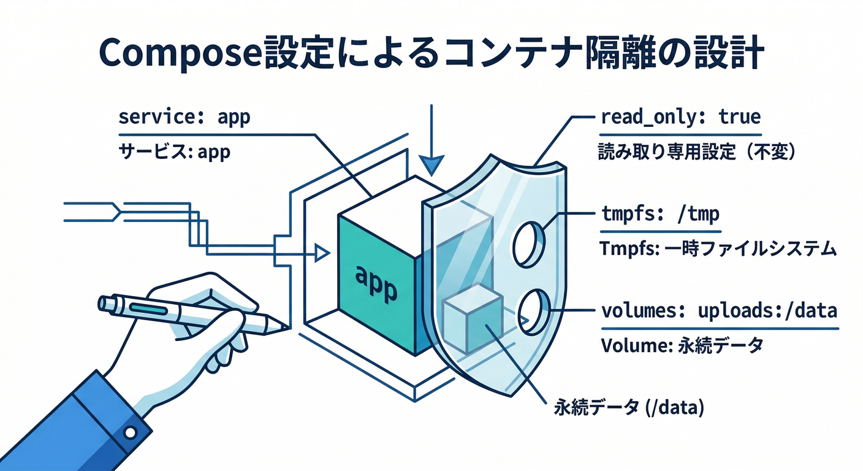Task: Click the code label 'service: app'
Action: click(x=184, y=117)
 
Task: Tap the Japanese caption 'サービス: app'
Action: click(x=174, y=151)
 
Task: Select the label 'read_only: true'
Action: click(x=680, y=117)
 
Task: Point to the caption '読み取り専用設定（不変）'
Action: click(x=696, y=152)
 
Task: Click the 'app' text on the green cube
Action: click(x=376, y=283)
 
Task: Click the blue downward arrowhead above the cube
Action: click(x=432, y=164)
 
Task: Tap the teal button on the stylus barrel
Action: click(x=147, y=308)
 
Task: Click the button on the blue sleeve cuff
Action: click(x=129, y=433)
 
